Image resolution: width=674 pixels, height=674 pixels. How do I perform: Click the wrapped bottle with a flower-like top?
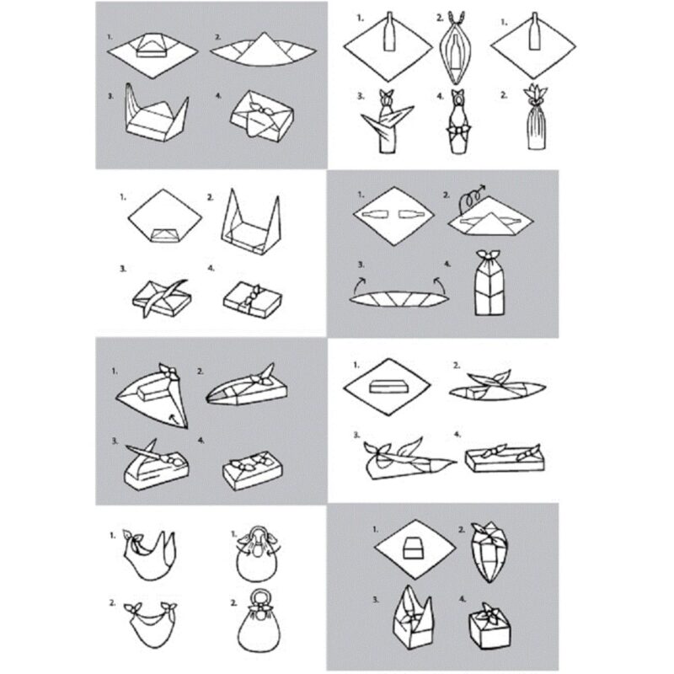(536, 126)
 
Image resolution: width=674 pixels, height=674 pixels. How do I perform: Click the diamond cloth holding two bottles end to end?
(394, 218)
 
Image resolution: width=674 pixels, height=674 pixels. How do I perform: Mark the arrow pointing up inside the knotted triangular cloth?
(174, 414)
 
